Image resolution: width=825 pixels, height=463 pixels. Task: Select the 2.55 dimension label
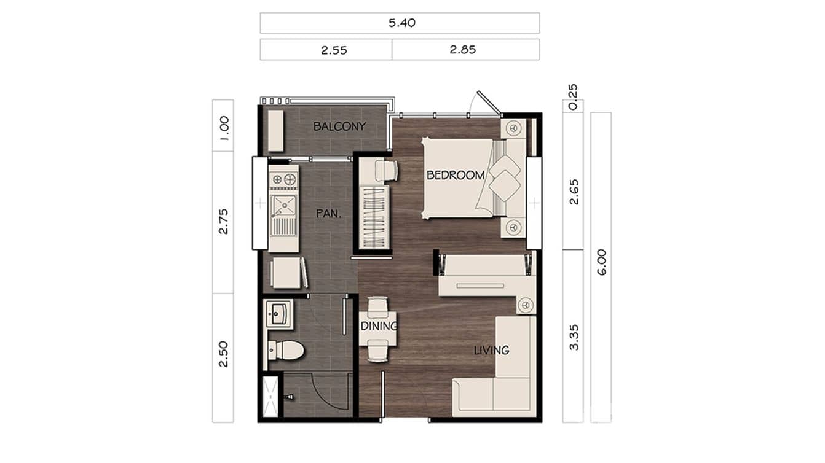(x=334, y=50)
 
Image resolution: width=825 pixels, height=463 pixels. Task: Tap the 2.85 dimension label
(x=462, y=50)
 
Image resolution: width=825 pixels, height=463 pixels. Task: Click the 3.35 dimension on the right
(x=574, y=337)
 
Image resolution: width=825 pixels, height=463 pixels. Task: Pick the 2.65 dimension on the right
(x=574, y=193)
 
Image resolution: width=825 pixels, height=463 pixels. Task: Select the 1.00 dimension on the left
(x=223, y=126)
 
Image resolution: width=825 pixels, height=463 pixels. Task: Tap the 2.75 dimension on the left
(x=223, y=222)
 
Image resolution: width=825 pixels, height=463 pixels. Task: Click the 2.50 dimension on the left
(x=223, y=354)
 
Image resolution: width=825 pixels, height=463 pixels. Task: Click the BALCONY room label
(x=339, y=126)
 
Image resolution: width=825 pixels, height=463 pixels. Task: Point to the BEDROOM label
(x=456, y=175)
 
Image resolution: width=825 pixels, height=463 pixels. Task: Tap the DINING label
(x=379, y=326)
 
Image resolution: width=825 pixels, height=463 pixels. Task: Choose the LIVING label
(x=491, y=350)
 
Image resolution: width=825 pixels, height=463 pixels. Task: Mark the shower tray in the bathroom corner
(x=270, y=397)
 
